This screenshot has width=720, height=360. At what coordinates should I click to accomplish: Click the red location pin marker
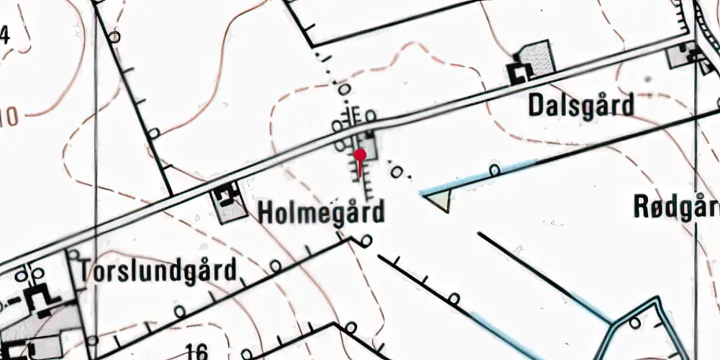359,153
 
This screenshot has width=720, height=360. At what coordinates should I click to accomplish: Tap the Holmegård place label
321,212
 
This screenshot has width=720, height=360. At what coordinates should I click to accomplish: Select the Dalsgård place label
581,106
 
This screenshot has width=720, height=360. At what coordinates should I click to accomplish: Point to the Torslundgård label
158,271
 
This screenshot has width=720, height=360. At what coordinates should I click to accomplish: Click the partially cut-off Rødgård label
676,207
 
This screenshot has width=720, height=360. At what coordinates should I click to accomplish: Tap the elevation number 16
195,352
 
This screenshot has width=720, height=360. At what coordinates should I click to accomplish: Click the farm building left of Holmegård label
228,194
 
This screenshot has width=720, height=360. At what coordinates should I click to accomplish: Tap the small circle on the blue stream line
495,171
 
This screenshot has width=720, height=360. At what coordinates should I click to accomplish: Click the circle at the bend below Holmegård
367,241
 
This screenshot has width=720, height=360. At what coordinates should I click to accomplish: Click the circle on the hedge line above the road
154,134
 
